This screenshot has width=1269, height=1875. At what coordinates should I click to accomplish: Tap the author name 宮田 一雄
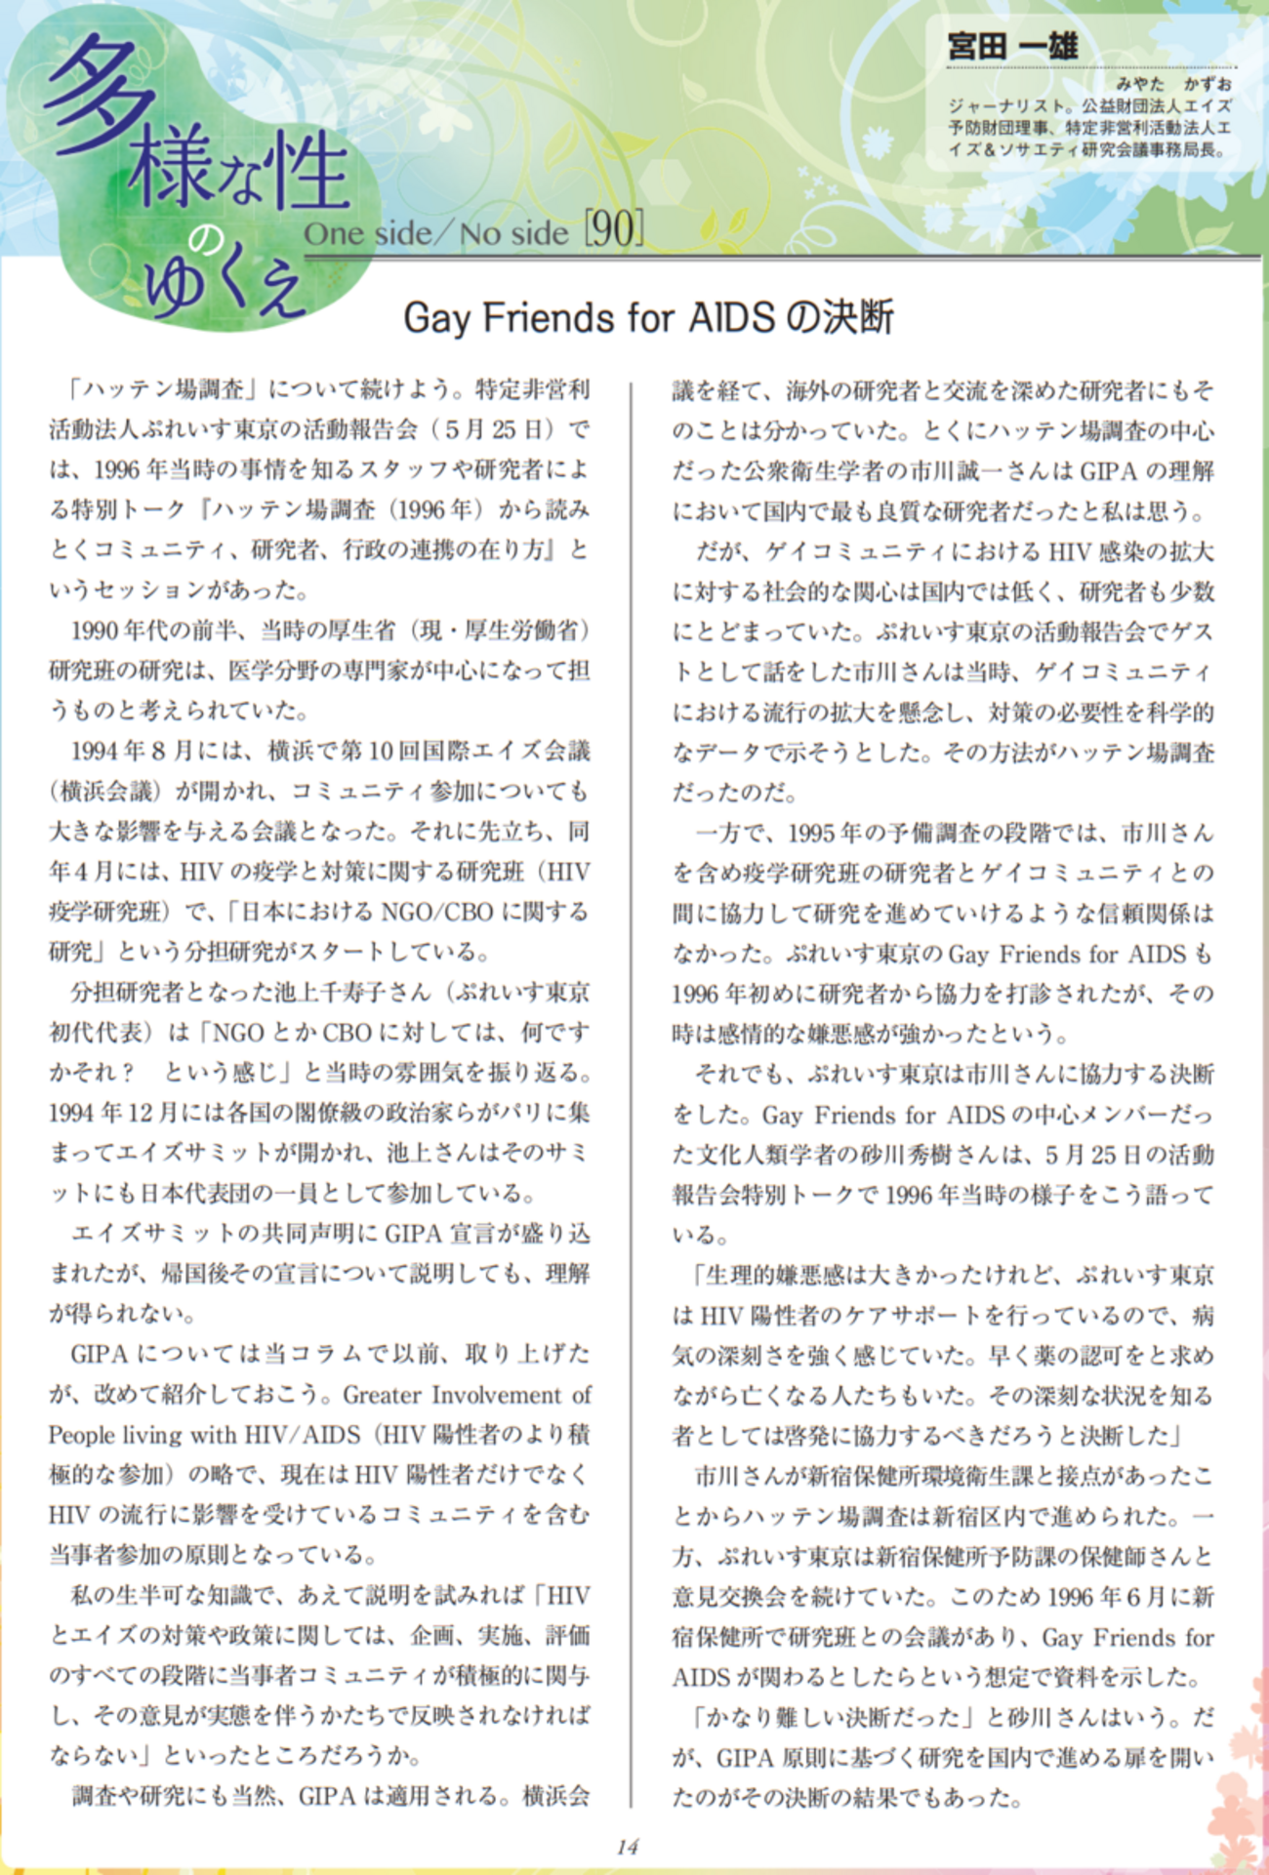[1012, 46]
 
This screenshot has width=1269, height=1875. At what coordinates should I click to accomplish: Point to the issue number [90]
[614, 230]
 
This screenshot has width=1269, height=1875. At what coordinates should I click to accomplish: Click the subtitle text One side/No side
[435, 234]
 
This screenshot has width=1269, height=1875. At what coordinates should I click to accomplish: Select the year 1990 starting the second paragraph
[95, 631]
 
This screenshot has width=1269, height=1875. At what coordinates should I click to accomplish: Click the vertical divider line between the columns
[632, 1074]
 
